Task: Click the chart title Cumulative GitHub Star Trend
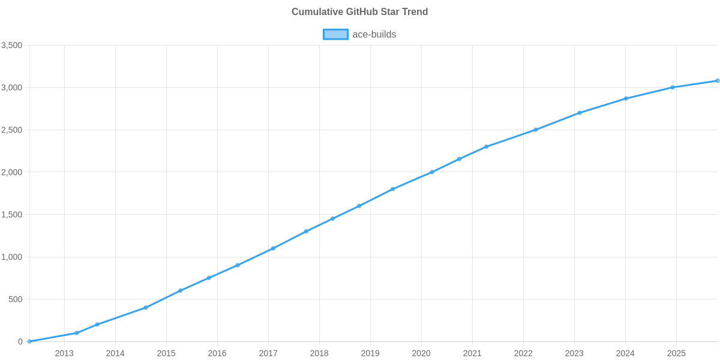point(359,12)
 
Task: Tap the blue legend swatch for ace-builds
point(335,34)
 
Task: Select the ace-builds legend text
point(374,34)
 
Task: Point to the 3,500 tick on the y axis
point(12,46)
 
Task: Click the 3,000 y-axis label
point(12,88)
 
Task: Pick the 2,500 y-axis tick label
point(12,130)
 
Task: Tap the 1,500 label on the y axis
point(12,215)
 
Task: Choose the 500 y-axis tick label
point(16,299)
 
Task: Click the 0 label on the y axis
point(20,342)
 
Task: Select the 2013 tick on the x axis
point(64,353)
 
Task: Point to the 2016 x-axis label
point(217,353)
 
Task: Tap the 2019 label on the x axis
point(370,353)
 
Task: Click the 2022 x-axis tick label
point(523,353)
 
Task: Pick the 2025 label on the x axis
point(676,353)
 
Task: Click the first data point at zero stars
point(29,341)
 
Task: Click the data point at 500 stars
point(180,291)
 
